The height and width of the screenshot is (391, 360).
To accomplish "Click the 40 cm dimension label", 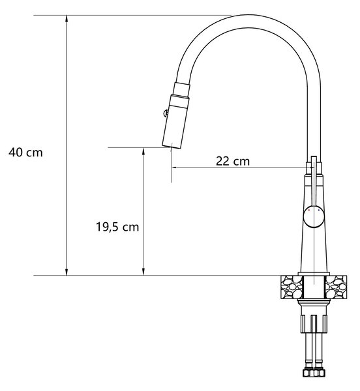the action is (x=25, y=152).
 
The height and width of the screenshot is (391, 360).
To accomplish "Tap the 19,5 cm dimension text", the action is (x=117, y=227).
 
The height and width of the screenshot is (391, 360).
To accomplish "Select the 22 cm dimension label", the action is (x=233, y=161).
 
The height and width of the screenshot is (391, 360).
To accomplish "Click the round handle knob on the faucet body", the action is (x=314, y=216).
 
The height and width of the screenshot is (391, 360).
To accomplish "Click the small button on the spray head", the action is (x=165, y=113).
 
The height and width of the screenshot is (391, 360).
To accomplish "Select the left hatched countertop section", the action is (x=292, y=287).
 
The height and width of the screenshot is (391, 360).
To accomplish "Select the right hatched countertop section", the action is (x=336, y=287).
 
